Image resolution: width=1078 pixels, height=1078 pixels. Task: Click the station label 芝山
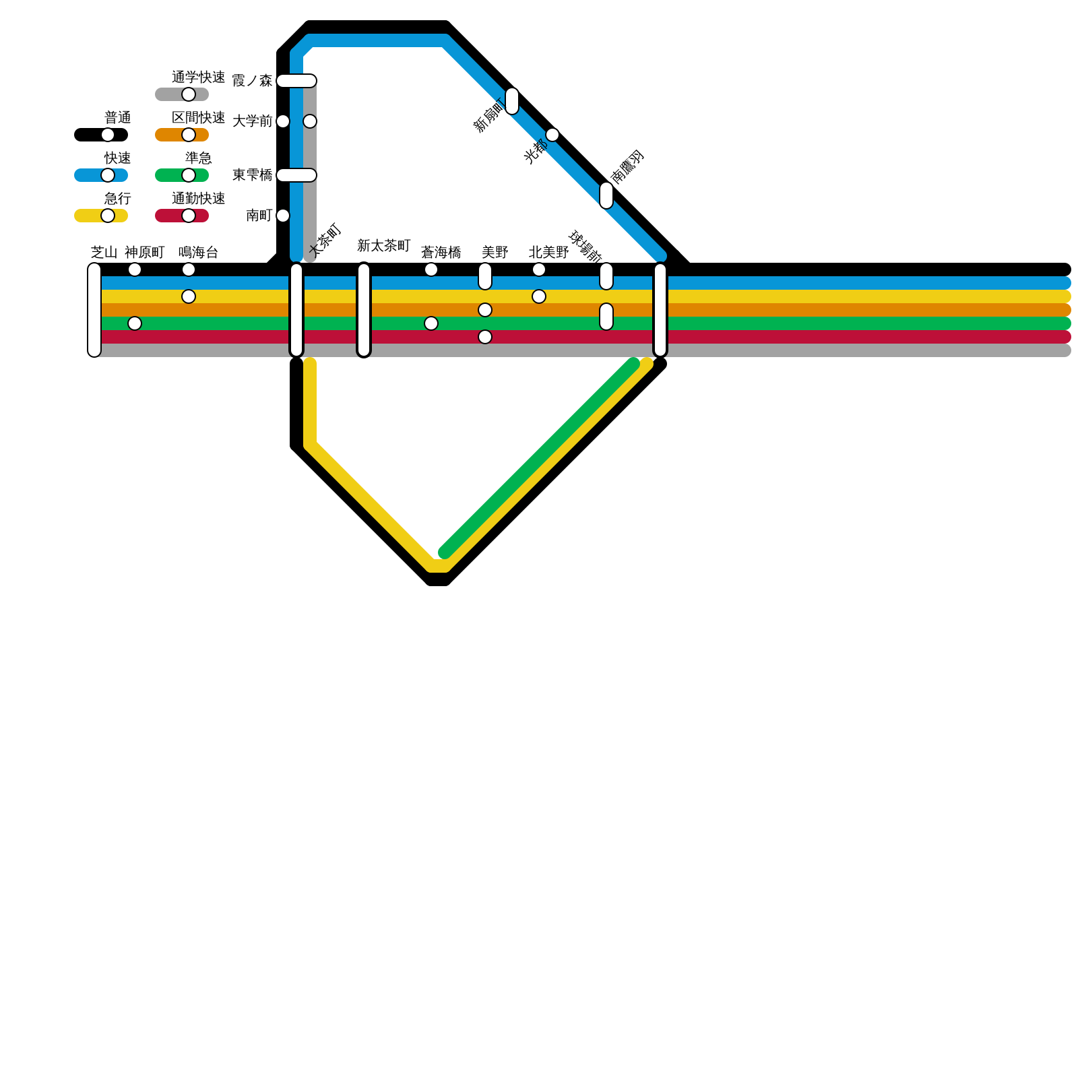[104, 253]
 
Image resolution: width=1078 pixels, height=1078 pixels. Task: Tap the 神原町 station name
[144, 253]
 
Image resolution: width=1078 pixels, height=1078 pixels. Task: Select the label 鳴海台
[198, 253]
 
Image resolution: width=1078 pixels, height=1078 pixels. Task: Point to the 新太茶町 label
[383, 246]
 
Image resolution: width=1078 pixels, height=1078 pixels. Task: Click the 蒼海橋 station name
[441, 253]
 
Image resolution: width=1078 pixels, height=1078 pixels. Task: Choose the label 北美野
[548, 253]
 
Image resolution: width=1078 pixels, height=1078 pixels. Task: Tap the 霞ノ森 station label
[252, 81]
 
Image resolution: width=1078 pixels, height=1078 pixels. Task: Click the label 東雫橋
[252, 175]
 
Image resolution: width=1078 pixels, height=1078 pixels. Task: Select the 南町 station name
[259, 216]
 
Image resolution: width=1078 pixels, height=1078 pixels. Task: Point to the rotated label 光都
[536, 152]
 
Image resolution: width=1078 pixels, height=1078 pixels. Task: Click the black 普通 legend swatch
[101, 135]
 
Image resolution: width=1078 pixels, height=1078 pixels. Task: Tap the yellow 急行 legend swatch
[101, 216]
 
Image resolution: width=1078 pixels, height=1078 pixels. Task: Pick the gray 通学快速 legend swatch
[182, 94]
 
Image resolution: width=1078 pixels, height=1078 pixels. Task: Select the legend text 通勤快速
[198, 199]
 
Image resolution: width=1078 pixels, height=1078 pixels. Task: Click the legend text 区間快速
[198, 118]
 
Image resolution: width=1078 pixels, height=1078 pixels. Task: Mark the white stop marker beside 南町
[283, 216]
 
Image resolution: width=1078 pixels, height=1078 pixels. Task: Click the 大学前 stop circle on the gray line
[310, 121]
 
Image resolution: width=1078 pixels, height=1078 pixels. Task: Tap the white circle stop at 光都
[552, 135]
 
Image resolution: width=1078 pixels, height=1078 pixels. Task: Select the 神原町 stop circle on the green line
[135, 323]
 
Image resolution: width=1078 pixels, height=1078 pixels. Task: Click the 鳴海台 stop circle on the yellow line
[189, 296]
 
